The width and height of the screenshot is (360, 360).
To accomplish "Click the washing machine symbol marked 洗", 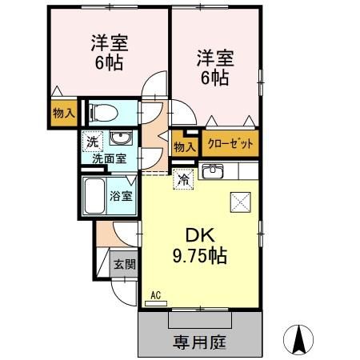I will pyautogui.click(x=94, y=138).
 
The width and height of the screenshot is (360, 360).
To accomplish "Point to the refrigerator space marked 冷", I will pyautogui.click(x=183, y=181).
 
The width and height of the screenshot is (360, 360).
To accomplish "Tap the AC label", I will pyautogui.click(x=155, y=296).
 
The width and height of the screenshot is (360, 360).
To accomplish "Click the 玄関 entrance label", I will pyautogui.click(x=123, y=264).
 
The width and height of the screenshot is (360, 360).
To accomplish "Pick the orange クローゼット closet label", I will pyautogui.click(x=230, y=145).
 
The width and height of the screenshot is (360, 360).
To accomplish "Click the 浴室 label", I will pyautogui.click(x=122, y=195).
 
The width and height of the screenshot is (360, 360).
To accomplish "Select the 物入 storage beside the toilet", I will pyautogui.click(x=63, y=112).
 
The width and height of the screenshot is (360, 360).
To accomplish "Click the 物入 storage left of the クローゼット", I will pyautogui.click(x=184, y=146).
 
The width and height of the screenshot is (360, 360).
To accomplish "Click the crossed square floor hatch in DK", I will pyautogui.click(x=239, y=201).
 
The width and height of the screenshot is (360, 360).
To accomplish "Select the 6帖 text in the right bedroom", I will pyautogui.click(x=215, y=78).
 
